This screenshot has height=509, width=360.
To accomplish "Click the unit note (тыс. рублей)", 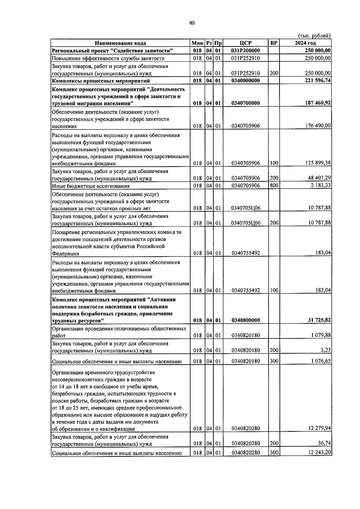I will [314, 36].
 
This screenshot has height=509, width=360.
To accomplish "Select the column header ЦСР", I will [245, 43].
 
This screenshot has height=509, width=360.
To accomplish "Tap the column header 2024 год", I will [305, 43].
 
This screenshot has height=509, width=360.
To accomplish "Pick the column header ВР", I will [274, 43].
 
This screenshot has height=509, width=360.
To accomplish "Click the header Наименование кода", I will [120, 43].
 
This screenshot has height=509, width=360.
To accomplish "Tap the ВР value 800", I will [274, 185].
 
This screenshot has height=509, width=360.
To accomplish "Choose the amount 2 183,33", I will [320, 185].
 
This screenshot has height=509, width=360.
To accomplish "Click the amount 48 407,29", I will [319, 178].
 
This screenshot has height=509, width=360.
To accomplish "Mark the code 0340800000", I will [245, 320].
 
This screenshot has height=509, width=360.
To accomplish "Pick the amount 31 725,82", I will [319, 320].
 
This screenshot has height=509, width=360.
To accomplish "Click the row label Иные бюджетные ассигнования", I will [91, 186].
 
